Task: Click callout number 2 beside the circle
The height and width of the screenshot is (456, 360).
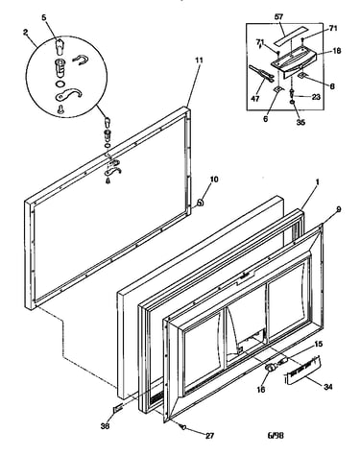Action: tap(26, 32)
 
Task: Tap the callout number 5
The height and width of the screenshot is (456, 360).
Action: tap(44, 17)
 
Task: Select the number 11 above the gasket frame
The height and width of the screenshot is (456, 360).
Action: tap(199, 60)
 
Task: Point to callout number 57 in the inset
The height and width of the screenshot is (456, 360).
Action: tap(279, 17)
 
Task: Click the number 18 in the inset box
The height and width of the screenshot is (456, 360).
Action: tap(336, 51)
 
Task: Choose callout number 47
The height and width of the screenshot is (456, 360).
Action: tap(255, 99)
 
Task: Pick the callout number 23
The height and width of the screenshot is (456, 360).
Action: tap(316, 97)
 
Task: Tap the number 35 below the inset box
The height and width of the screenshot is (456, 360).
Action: tap(300, 122)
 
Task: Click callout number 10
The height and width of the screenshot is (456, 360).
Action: tap(214, 180)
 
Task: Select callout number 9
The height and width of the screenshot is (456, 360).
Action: tap(338, 209)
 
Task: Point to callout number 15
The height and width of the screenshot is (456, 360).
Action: tap(318, 345)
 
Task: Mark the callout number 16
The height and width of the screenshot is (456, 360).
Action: tap(261, 389)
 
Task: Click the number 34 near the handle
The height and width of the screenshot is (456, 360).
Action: tap(327, 387)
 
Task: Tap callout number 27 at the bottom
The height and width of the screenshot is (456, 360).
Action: tap(209, 436)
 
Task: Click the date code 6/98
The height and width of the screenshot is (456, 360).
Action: tap(276, 435)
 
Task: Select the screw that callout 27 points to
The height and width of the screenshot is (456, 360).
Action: tap(184, 426)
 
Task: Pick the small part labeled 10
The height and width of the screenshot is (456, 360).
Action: tap(200, 203)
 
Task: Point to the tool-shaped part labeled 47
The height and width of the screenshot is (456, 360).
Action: tap(261, 73)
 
